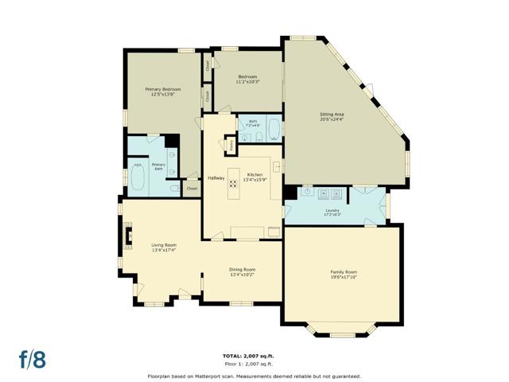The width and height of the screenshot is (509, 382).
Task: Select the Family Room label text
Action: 343,272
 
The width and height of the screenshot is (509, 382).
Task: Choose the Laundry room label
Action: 332,211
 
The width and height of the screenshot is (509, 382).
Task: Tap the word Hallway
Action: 216,177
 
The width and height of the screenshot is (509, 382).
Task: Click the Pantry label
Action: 231,146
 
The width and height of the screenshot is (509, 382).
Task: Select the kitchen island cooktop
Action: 234,183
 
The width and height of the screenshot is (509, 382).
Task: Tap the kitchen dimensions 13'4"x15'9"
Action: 254,180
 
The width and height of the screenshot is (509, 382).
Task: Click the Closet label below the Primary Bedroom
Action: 192,189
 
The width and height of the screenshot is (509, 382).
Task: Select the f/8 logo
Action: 33,358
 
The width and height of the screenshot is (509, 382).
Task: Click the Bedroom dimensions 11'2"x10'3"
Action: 247,81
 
